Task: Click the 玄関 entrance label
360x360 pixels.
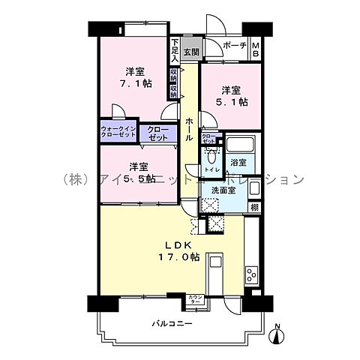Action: pyautogui.click(x=190, y=52)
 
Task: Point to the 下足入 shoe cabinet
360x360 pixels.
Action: pyautogui.click(x=175, y=49)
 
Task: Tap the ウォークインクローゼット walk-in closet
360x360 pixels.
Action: pyautogui.click(x=118, y=134)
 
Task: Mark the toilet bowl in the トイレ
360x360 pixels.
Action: pyautogui.click(x=212, y=157)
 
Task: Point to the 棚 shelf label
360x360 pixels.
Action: pyautogui.click(x=255, y=208)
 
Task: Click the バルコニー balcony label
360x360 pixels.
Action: pyautogui.click(x=172, y=323)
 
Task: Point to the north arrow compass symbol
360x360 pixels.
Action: pyautogui.click(x=277, y=334)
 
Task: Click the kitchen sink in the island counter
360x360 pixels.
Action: pyautogui.click(x=215, y=262)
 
